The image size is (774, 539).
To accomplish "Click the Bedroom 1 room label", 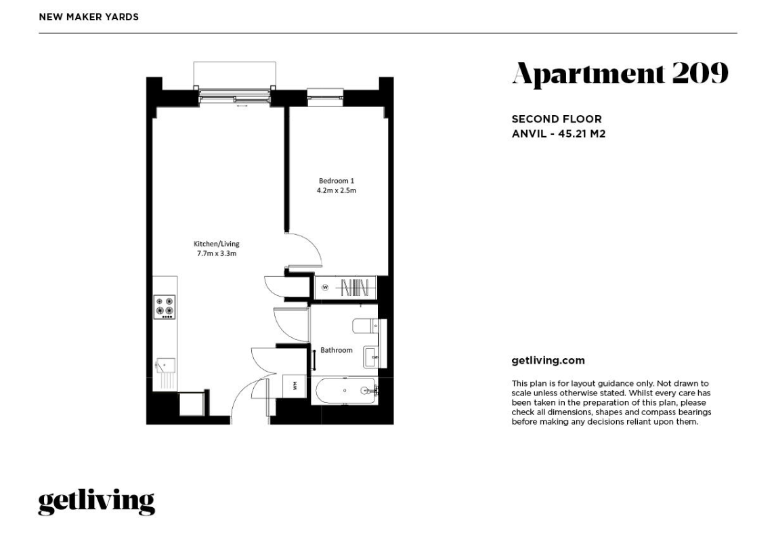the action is pyautogui.click(x=336, y=181).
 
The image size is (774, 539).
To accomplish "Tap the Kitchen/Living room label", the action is pyautogui.click(x=216, y=244).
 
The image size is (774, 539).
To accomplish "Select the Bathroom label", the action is pyautogui.click(x=337, y=350).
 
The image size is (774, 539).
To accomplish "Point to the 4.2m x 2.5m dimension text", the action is pyautogui.click(x=336, y=190).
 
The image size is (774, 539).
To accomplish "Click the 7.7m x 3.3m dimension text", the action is pyautogui.click(x=217, y=254).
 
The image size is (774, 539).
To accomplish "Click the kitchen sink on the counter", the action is pyautogui.click(x=165, y=365).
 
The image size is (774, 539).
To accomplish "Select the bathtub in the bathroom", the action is pyautogui.click(x=347, y=391).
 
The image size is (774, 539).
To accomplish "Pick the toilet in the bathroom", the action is pyautogui.click(x=366, y=326).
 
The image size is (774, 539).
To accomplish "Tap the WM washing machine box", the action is pyautogui.click(x=295, y=385).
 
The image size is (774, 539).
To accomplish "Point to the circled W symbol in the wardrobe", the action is pyautogui.click(x=325, y=288).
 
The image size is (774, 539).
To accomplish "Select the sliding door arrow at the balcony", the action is pyautogui.click(x=242, y=106).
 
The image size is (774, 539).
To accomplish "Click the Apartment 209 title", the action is pyautogui.click(x=620, y=74).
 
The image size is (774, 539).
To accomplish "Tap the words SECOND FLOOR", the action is pyautogui.click(x=557, y=119).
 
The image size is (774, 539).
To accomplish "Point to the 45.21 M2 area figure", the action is pyautogui.click(x=582, y=134).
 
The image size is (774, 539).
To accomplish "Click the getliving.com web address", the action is pyautogui.click(x=549, y=361).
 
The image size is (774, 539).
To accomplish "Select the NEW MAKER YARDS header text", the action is pyautogui.click(x=89, y=18).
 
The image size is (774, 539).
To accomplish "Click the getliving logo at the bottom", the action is pyautogui.click(x=97, y=502).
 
